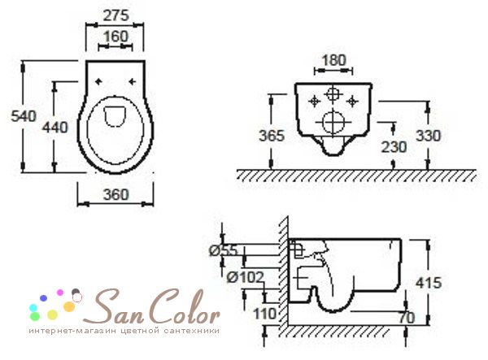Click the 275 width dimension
[x=115, y=15]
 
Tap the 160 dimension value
[x=115, y=36]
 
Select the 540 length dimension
[x=24, y=116]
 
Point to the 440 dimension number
[x=55, y=127]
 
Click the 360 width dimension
[x=115, y=194]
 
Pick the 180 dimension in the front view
[x=333, y=60]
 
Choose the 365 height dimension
[x=272, y=136]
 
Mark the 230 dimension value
[x=394, y=147]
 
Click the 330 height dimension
[x=429, y=136]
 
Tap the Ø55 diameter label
[x=224, y=250]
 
